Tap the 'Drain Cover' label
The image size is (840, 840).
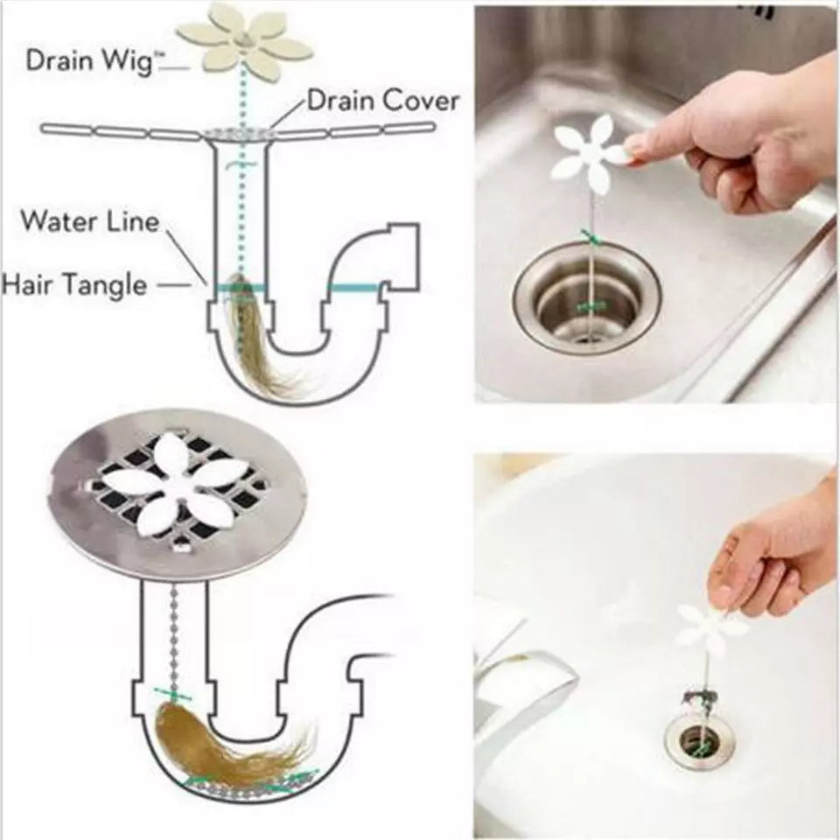382,101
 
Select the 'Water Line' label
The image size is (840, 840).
90,220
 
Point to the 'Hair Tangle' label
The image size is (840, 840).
74,284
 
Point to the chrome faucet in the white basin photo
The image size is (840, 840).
525,691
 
